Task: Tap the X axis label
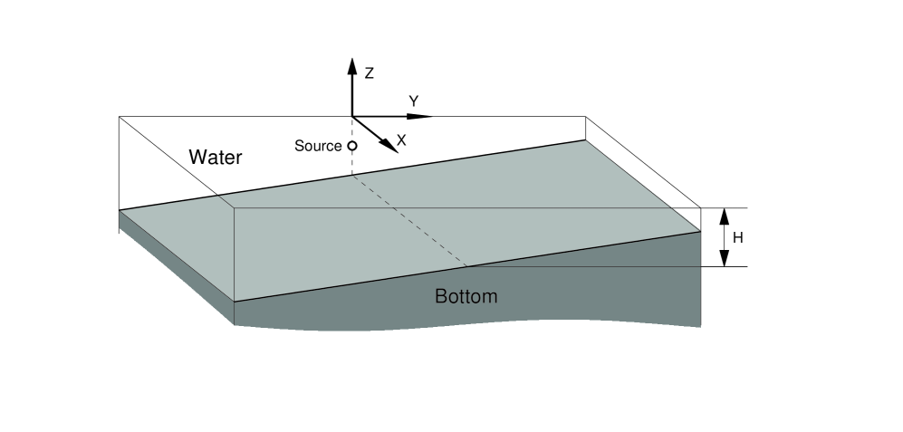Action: pyautogui.click(x=401, y=140)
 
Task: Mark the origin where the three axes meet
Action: pyautogui.click(x=352, y=117)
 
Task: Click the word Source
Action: pyautogui.click(x=318, y=146)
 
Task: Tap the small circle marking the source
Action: pyautogui.click(x=352, y=146)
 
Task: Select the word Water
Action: pyautogui.click(x=216, y=158)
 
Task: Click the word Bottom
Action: pyautogui.click(x=466, y=296)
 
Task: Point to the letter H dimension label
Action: pyautogui.click(x=737, y=238)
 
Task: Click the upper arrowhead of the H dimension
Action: pyautogui.click(x=724, y=216)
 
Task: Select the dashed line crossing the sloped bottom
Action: pyautogui.click(x=408, y=221)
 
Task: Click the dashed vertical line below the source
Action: pyautogui.click(x=352, y=163)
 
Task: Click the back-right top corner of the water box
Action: pyautogui.click(x=585, y=117)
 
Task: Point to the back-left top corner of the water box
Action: pyautogui.click(x=120, y=117)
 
